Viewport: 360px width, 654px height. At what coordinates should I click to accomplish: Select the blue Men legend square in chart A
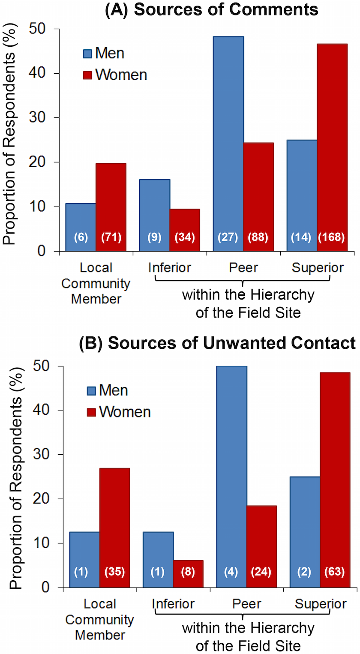click(87, 54)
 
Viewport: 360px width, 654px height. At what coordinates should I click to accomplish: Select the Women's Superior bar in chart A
click(332, 146)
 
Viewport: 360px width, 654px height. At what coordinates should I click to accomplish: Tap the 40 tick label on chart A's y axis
click(40, 73)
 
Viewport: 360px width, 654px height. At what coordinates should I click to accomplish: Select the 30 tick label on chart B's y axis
click(43, 455)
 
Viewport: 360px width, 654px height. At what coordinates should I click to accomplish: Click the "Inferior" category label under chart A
click(169, 268)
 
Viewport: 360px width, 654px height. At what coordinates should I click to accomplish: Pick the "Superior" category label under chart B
click(321, 604)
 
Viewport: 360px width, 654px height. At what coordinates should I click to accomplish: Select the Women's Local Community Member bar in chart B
click(114, 527)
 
